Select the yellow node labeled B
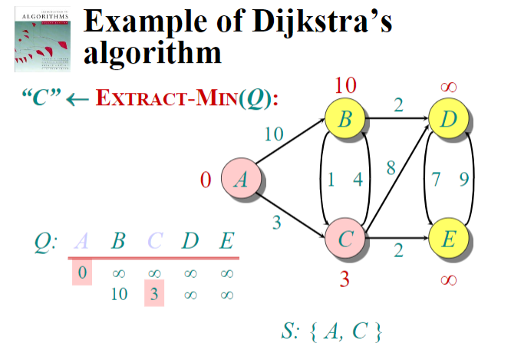pos(345,120)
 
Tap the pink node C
pos(345,239)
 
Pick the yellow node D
pos(449,120)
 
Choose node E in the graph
pos(449,239)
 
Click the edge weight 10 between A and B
pos(274,134)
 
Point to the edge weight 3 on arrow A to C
pos(276,223)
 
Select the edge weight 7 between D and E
pos(436,180)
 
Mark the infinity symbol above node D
pos(449,88)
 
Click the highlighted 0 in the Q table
pos(83,272)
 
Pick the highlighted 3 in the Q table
pos(154,292)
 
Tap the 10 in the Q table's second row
pos(118,292)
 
